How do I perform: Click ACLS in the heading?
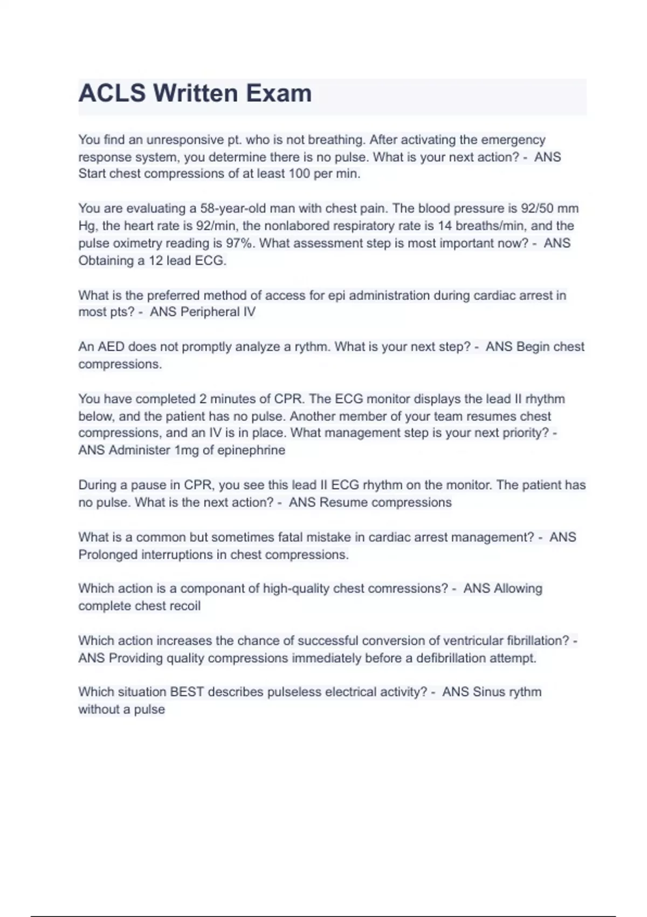click(x=112, y=93)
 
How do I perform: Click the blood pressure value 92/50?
click(x=539, y=209)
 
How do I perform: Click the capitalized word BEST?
click(x=187, y=692)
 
